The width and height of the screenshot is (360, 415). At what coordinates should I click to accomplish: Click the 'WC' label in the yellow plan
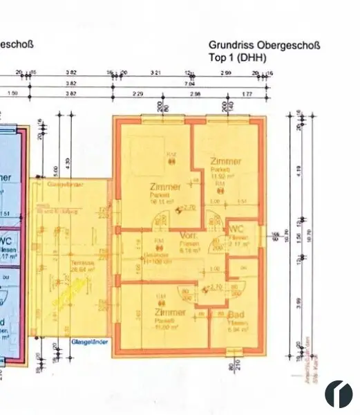pyautogui.click(x=236, y=229)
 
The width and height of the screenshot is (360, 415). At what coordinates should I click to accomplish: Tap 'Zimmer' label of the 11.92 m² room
pyautogui.click(x=226, y=161)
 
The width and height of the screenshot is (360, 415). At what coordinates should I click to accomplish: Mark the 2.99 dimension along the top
pyautogui.click(x=226, y=71)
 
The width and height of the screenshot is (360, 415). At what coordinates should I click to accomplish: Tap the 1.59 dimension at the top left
pyautogui.click(x=12, y=93)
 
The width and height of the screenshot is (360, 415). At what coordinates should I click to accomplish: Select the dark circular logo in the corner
pyautogui.click(x=339, y=393)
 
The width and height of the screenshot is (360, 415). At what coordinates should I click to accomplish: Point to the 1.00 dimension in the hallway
pyautogui.click(x=214, y=268)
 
